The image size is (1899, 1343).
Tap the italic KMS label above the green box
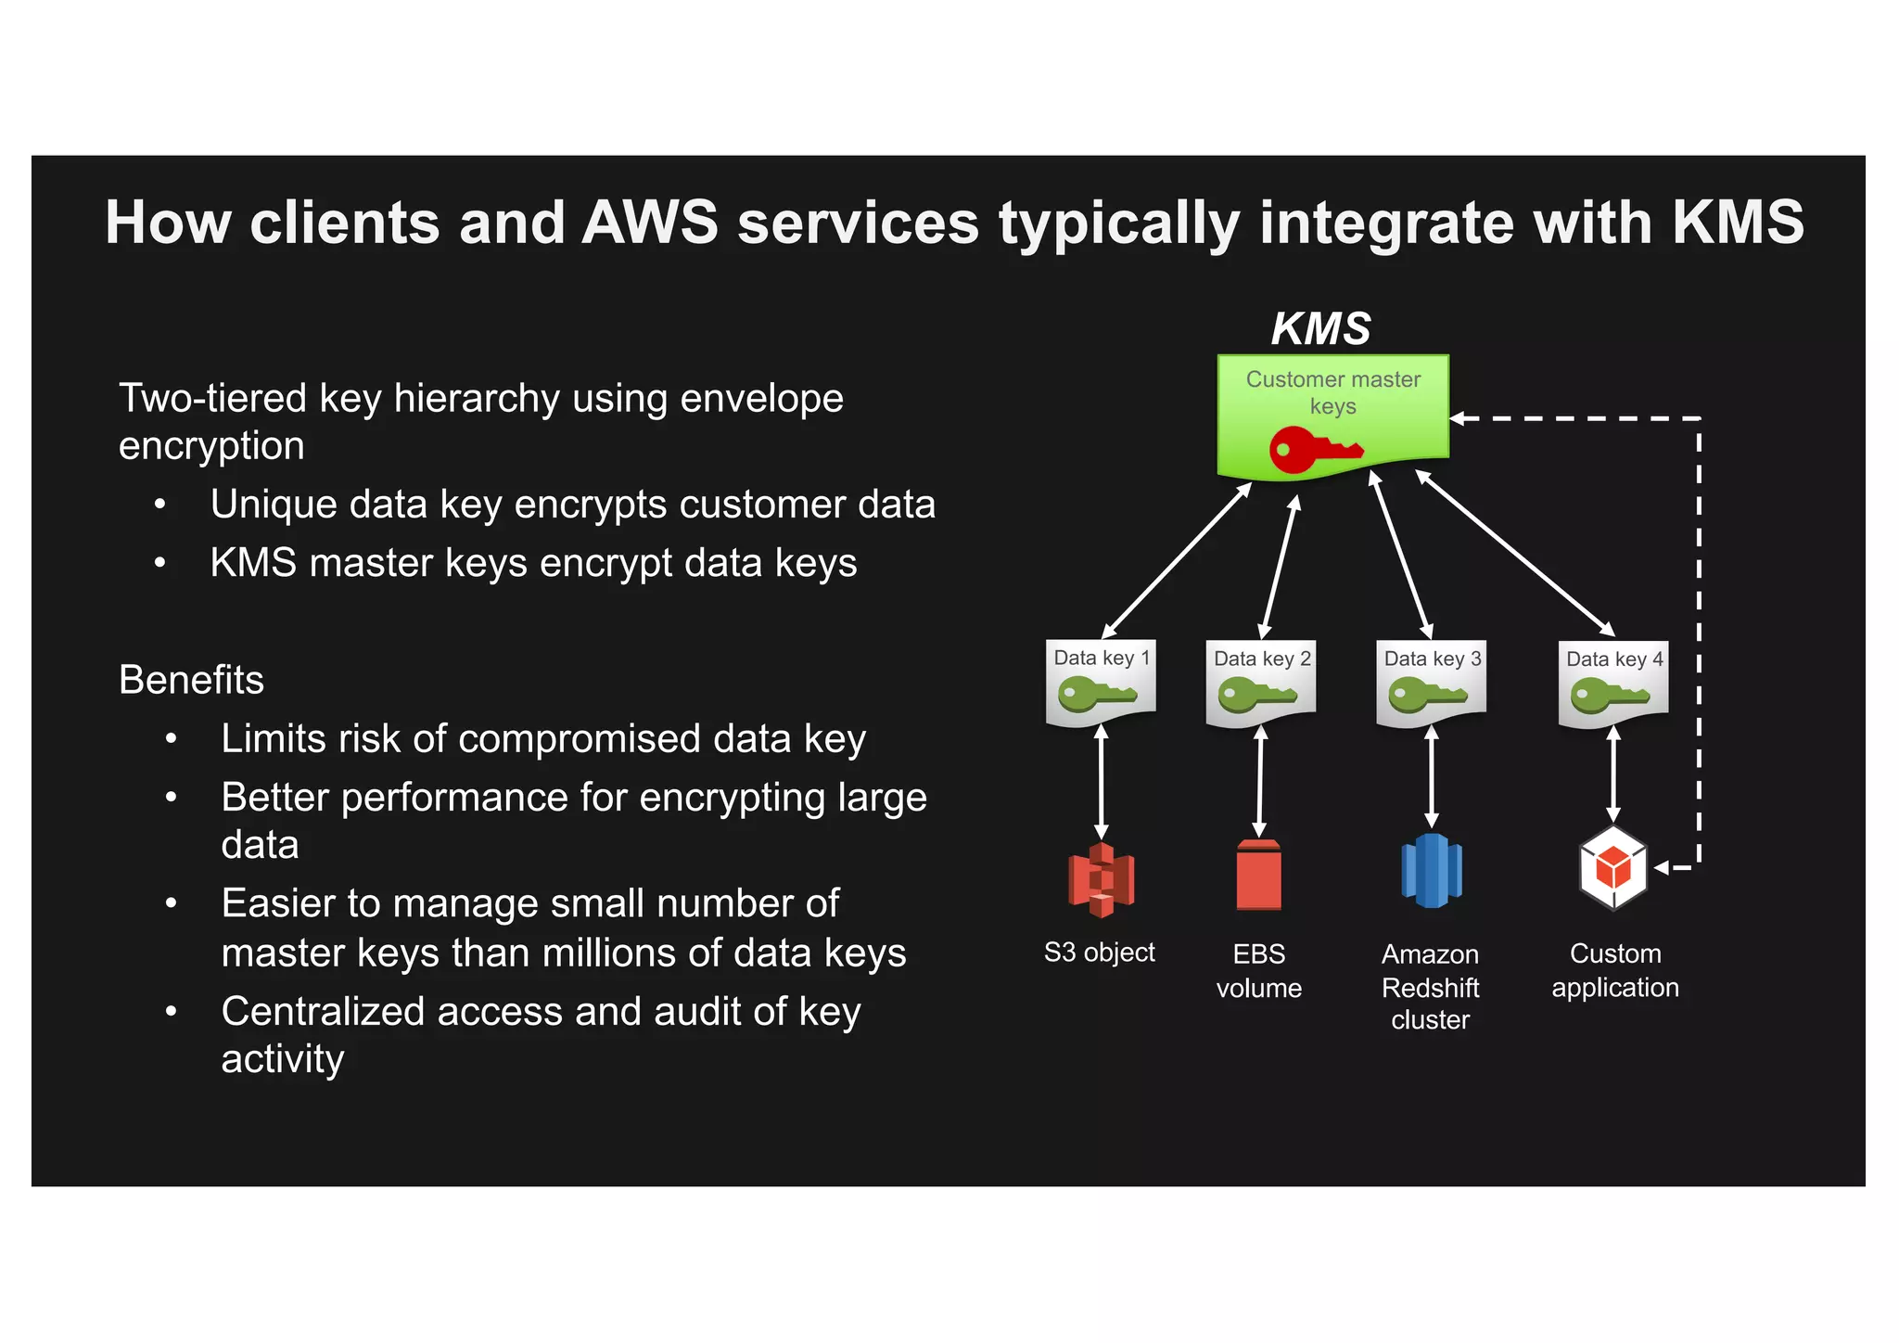tap(1320, 328)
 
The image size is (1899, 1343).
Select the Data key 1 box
tap(1101, 683)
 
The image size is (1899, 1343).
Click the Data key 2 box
tap(1260, 684)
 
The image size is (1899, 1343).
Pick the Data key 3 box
tap(1431, 684)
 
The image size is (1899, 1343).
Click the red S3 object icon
tap(1101, 879)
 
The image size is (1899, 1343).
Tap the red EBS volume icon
tap(1259, 876)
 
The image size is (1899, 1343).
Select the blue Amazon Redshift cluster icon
tap(1431, 871)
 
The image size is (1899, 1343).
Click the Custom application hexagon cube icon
tap(1613, 869)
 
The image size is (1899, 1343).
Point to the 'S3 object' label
tap(1099, 953)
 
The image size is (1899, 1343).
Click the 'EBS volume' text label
tap(1258, 970)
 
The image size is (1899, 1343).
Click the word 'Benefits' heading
tap(191, 680)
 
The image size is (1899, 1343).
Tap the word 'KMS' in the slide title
tap(1738, 223)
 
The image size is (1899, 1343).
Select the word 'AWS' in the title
tap(649, 223)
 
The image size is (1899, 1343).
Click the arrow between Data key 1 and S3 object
tap(1101, 783)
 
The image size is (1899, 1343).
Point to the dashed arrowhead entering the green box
tap(1458, 418)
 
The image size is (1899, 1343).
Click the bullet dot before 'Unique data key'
tap(160, 505)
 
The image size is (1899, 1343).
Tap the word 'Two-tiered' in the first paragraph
tap(212, 398)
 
